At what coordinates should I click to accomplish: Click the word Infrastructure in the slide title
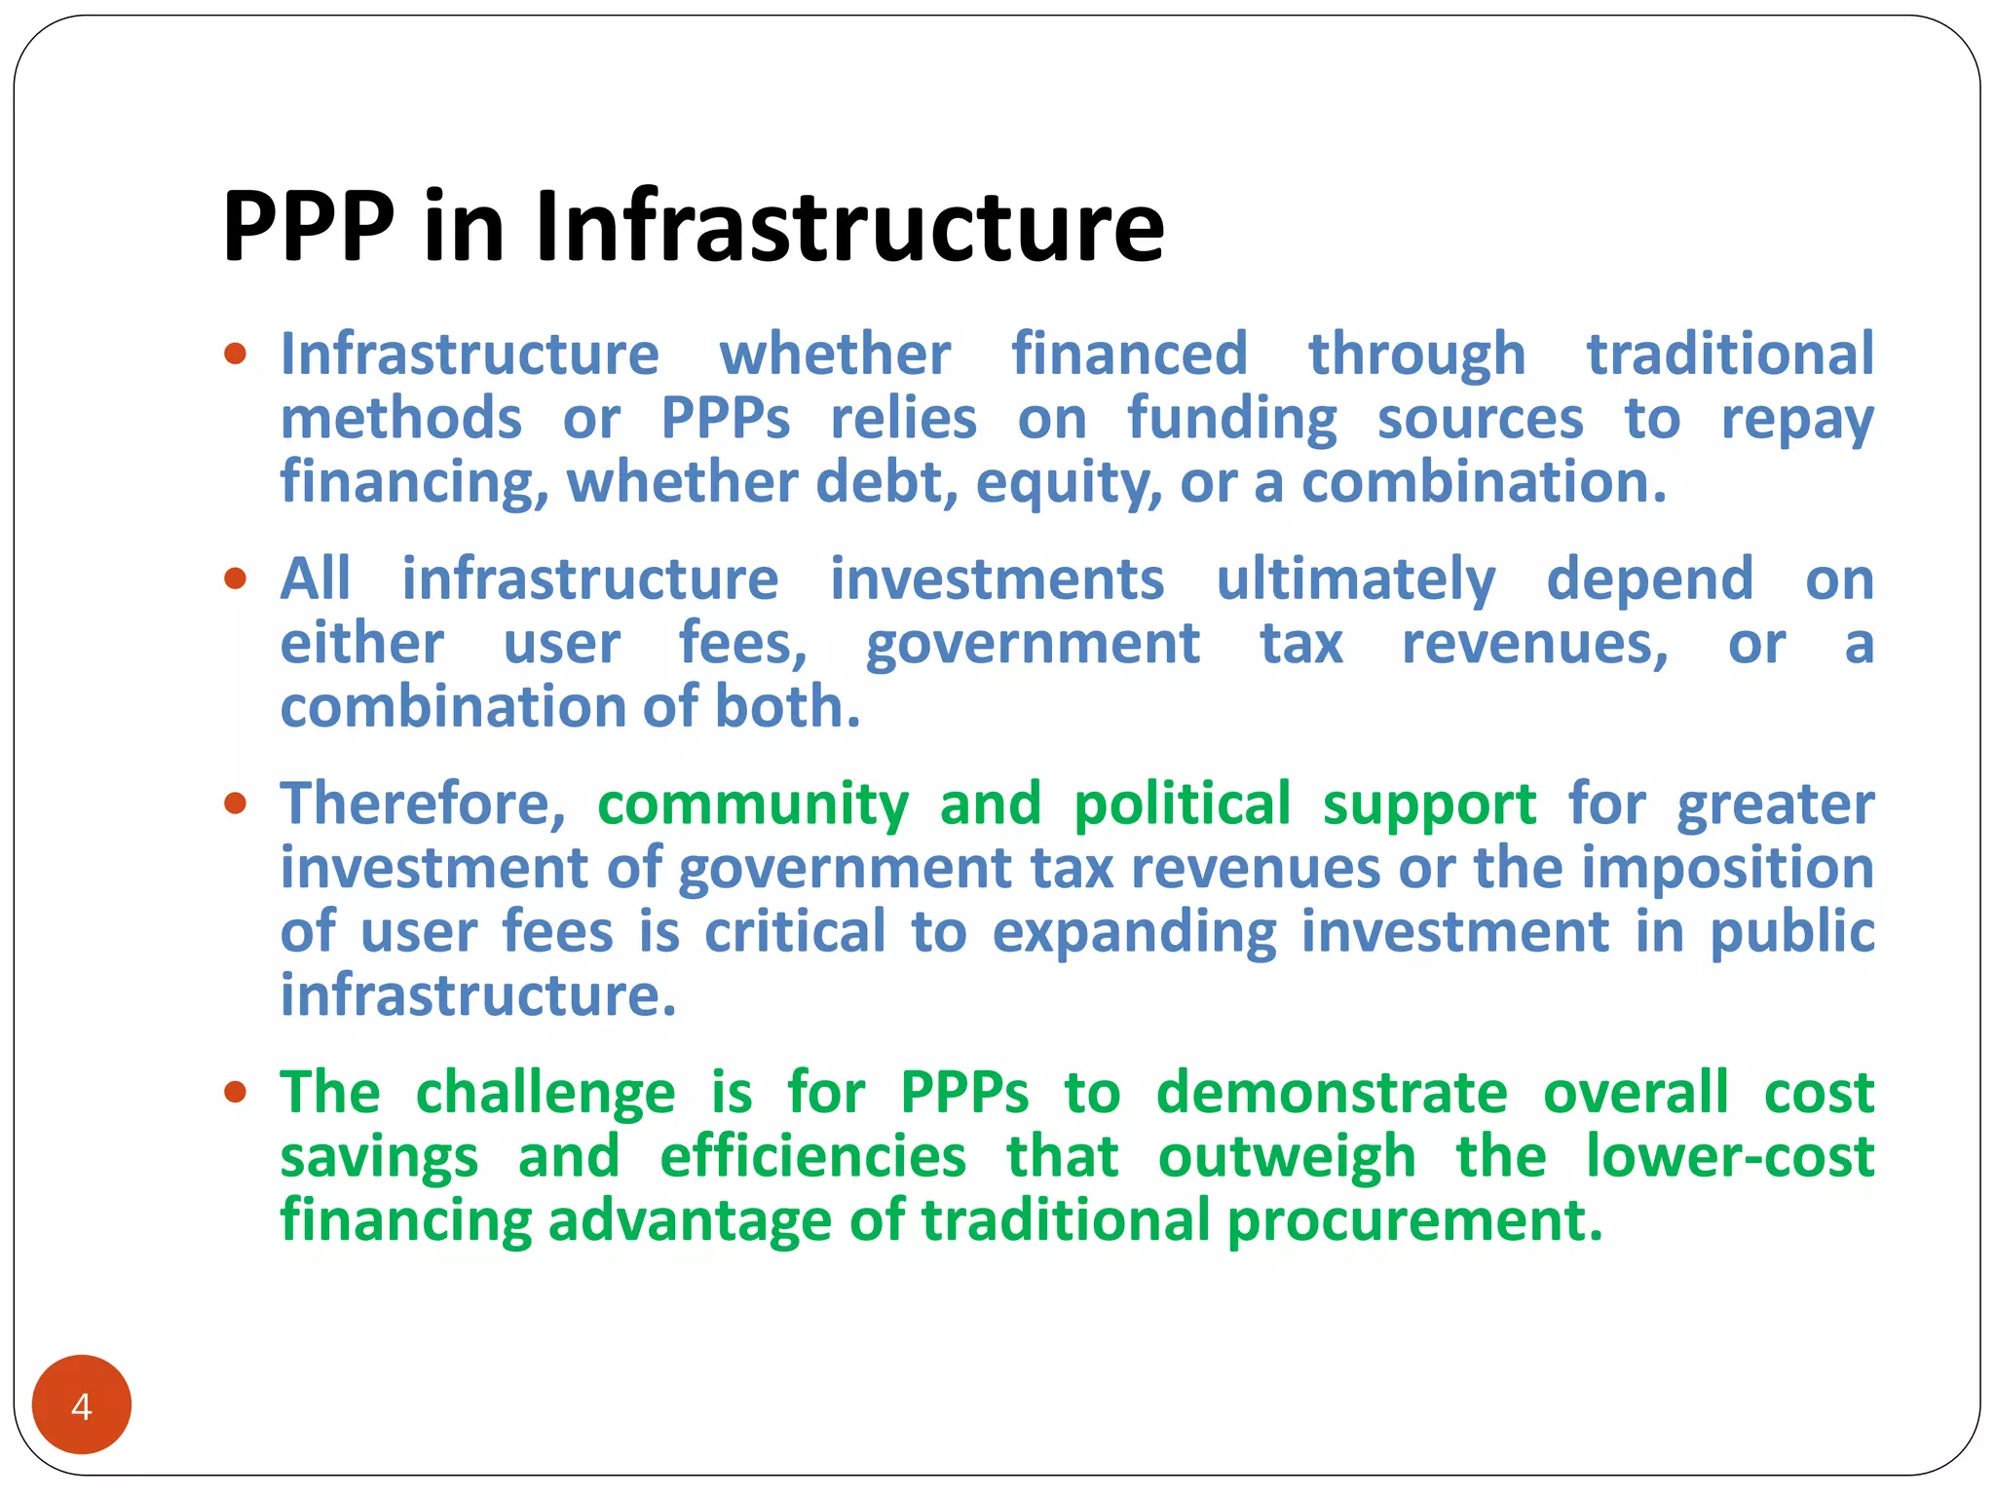[849, 227]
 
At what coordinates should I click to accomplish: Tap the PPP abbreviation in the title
[309, 227]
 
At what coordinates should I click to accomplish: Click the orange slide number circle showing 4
[82, 1405]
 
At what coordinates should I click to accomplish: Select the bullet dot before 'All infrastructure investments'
[235, 580]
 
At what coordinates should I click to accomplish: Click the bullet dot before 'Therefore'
[235, 804]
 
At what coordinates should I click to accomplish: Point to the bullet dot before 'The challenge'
[235, 1092]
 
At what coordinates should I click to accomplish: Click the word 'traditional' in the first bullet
[1730, 354]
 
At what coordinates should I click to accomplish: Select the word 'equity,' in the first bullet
[1069, 483]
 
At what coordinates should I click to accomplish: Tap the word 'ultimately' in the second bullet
[1355, 580]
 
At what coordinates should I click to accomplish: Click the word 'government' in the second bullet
[1033, 645]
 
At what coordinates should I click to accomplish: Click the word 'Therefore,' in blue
[423, 804]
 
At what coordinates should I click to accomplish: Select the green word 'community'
[753, 806]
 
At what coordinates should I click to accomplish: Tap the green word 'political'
[1182, 806]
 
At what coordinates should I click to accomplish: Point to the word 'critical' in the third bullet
[795, 932]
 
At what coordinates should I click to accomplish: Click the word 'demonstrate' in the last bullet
[1332, 1092]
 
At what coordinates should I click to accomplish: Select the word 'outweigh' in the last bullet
[1287, 1157]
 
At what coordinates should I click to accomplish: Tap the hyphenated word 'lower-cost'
[1730, 1156]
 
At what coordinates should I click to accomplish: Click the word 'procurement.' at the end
[1414, 1220]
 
